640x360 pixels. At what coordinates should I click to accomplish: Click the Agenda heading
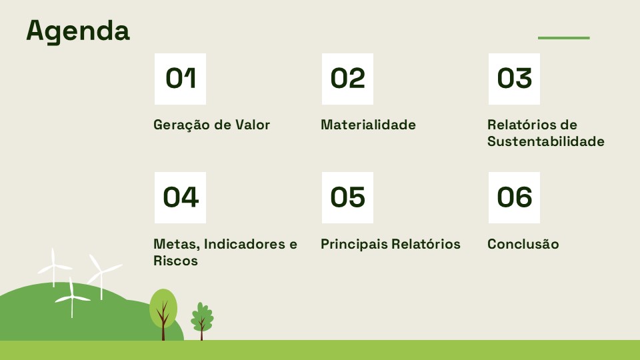(78, 31)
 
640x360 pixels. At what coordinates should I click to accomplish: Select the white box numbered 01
(180, 79)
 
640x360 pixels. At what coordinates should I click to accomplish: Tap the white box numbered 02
(347, 79)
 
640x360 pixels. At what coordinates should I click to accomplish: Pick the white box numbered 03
(514, 79)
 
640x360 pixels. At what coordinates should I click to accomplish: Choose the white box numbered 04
(180, 197)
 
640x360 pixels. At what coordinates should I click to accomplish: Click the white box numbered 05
(347, 197)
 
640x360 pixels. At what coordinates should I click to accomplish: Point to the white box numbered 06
(514, 197)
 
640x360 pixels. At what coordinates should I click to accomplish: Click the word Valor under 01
(253, 125)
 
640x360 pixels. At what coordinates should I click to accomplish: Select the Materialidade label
(368, 125)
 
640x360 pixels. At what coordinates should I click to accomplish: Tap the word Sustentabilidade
(546, 141)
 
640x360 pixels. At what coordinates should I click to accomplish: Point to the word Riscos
(175, 261)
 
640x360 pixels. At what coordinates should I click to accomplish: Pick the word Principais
(354, 244)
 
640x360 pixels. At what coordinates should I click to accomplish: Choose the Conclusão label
(523, 244)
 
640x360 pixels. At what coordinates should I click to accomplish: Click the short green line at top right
(564, 38)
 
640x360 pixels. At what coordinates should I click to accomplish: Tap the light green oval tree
(163, 308)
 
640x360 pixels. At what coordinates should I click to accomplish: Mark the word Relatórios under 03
(521, 125)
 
